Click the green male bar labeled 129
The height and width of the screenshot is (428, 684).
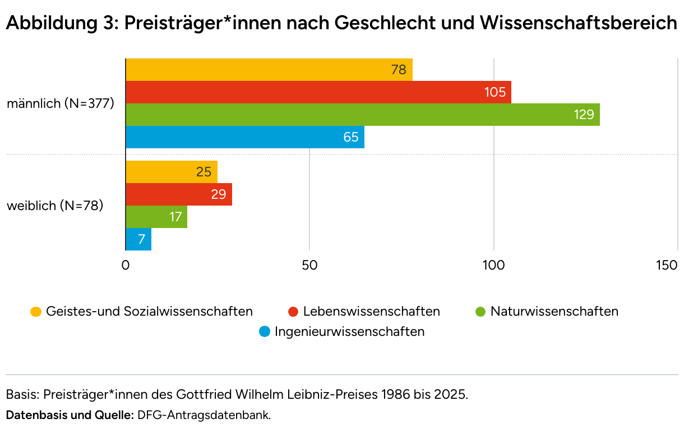point(362,115)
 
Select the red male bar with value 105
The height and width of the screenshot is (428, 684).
point(318,92)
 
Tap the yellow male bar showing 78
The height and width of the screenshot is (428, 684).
point(269,70)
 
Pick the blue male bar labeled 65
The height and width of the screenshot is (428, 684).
point(245,137)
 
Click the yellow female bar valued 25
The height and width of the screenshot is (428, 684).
point(172,172)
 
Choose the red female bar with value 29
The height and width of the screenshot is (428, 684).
point(179,194)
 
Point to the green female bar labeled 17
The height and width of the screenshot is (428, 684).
point(156,217)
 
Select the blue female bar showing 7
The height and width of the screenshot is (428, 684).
point(138,239)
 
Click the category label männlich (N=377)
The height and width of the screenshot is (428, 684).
point(61,103)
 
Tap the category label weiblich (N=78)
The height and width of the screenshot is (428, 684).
point(55,206)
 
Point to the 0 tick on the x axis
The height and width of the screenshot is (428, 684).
point(126,265)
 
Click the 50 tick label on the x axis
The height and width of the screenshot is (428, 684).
point(309,265)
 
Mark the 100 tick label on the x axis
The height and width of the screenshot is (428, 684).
point(493,265)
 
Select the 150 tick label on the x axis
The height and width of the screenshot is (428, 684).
point(667,265)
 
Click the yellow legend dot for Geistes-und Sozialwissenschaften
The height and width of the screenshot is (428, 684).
point(36,312)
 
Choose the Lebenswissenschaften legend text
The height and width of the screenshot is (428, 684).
point(371,311)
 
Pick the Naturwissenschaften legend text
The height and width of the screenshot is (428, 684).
point(554,311)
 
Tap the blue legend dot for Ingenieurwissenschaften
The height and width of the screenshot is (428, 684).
point(265,332)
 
